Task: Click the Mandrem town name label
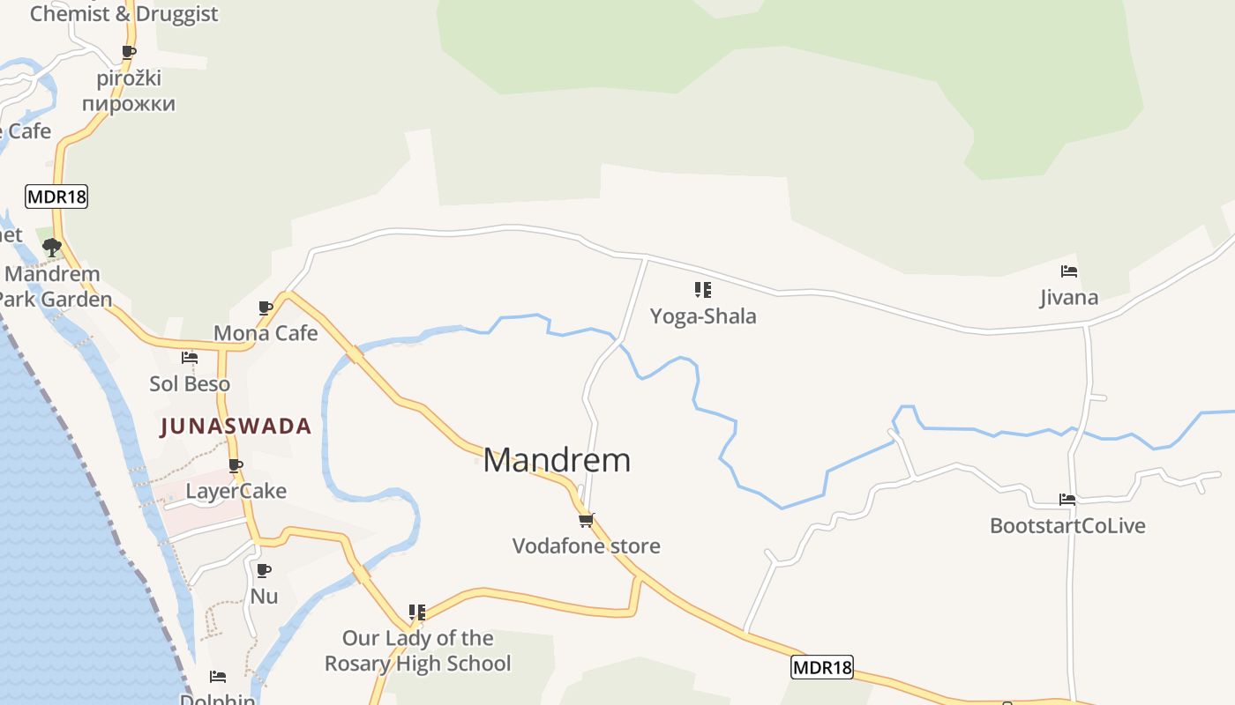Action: click(557, 460)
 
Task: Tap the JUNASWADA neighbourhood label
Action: click(236, 427)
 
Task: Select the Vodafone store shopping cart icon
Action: click(587, 519)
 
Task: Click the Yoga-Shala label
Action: click(703, 315)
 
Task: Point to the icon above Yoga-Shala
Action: click(703, 289)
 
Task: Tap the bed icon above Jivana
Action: click(1069, 271)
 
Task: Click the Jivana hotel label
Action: click(1069, 297)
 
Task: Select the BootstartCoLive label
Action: click(1067, 526)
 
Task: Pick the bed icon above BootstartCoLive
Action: click(1067, 500)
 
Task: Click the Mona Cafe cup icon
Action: click(266, 308)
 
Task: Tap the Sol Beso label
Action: click(190, 384)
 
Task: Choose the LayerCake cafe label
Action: click(236, 491)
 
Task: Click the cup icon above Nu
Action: click(263, 570)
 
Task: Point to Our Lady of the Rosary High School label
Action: click(417, 650)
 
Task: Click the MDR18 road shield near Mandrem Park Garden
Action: click(57, 196)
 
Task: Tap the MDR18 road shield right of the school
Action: click(822, 667)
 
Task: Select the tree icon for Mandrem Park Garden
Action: click(51, 247)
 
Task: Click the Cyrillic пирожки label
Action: click(129, 104)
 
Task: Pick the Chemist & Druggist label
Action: click(123, 13)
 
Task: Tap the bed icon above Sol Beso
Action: click(190, 358)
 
